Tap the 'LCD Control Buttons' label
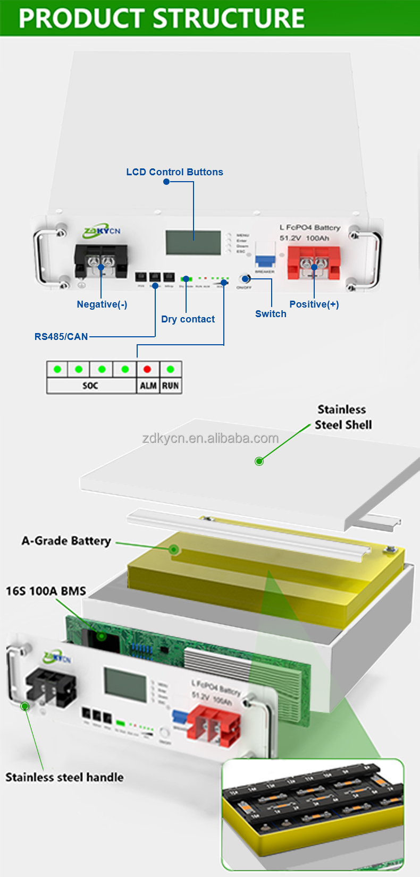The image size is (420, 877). point(174,172)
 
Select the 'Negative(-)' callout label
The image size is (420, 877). point(102,304)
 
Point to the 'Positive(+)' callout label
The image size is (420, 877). point(314,304)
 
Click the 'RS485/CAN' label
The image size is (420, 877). point(61,337)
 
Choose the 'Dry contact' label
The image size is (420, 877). point(188,319)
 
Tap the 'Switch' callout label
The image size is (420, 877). point(271,314)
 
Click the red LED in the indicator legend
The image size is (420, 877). point(147,369)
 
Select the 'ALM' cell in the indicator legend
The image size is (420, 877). point(148,386)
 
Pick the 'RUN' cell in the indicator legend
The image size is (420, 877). point(171,386)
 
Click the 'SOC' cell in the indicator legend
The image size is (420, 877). point(90,386)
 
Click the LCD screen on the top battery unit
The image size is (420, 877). point(193,243)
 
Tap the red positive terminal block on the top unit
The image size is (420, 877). point(314,262)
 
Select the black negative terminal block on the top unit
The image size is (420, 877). point(101,261)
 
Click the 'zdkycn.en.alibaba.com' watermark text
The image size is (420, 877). point(211,438)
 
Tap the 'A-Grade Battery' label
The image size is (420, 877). point(66,541)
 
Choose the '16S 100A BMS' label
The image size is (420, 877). point(46,591)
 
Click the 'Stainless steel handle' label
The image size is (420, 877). point(64,777)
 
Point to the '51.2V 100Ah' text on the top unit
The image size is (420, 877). point(305,238)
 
